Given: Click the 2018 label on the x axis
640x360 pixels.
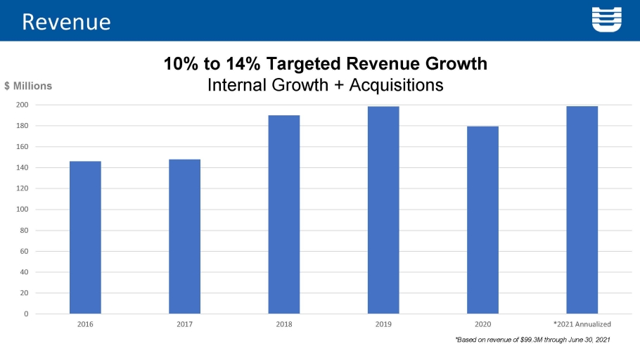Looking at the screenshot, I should point(284,324).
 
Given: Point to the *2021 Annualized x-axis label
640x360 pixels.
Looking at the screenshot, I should point(582,324).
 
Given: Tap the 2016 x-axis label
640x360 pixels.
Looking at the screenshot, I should point(85,324).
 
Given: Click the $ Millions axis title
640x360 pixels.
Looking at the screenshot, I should point(28,86).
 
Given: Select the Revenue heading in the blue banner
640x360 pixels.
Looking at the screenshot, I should point(66,21).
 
